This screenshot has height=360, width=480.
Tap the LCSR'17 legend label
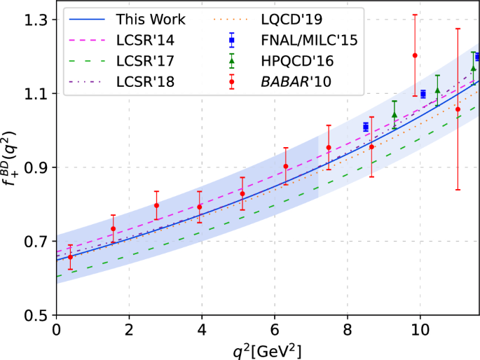(145, 62)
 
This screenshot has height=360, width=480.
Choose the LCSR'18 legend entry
(145, 83)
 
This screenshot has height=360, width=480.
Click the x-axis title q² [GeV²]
(267, 349)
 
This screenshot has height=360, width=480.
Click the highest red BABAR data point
(415, 55)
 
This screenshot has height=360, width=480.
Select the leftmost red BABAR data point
(70, 257)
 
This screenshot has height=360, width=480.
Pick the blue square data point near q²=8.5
(365, 127)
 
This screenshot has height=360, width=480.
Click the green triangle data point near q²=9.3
(394, 115)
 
